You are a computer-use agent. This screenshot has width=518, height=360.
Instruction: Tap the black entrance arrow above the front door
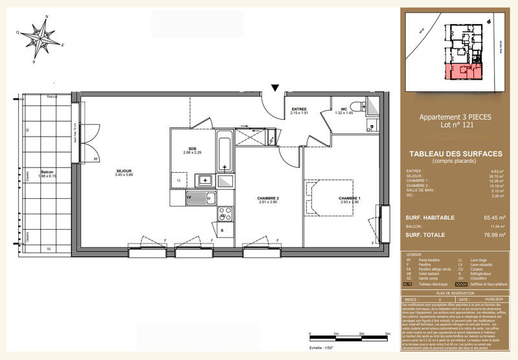(x=276, y=87)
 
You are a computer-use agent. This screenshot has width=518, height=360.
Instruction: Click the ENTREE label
(x=298, y=109)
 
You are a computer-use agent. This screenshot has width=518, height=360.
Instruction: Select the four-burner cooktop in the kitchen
(x=224, y=213)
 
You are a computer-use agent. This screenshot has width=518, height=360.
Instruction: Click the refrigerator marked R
(x=222, y=231)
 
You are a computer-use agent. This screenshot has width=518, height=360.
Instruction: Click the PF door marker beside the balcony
(x=95, y=159)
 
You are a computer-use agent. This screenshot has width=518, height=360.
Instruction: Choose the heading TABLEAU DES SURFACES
(x=456, y=153)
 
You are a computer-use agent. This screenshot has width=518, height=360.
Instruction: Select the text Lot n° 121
(x=456, y=125)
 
